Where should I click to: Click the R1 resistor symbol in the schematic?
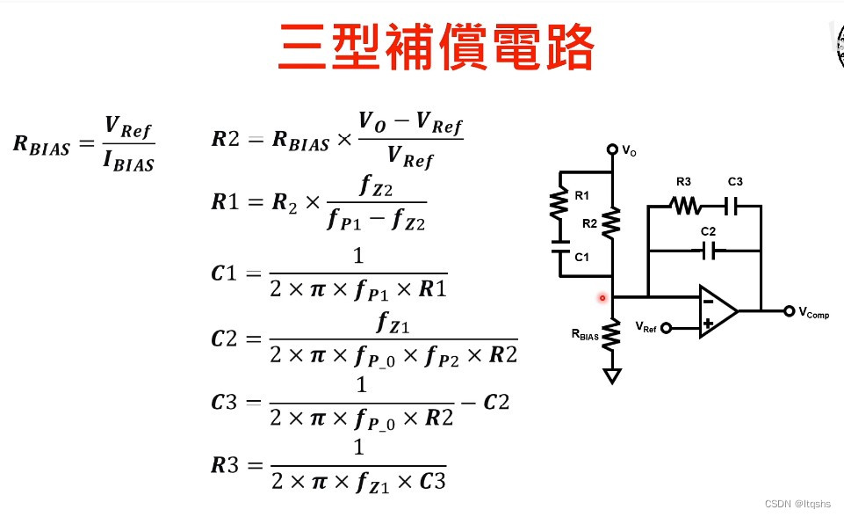558,205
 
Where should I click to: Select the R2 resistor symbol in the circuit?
612,220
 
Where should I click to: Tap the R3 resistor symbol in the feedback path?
683,206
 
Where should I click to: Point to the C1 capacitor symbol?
558,246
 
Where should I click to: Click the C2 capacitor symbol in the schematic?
711,251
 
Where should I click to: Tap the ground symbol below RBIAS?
612,375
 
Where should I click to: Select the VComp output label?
812,313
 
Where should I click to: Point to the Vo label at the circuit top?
629,151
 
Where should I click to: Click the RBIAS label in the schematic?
585,334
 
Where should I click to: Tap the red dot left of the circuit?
602,298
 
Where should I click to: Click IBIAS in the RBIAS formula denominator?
129,162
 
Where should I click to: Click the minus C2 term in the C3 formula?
489,403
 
